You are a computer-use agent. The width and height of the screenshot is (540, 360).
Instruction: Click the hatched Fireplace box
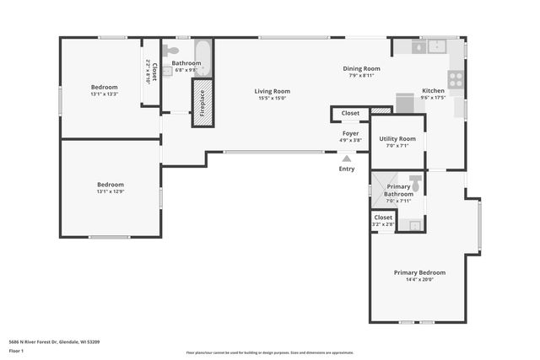click(202, 104)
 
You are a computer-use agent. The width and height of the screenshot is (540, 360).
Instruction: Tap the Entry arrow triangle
click(347, 158)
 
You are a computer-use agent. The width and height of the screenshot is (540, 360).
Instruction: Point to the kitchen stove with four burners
click(456, 79)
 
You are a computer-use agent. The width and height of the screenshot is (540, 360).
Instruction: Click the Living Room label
click(273, 91)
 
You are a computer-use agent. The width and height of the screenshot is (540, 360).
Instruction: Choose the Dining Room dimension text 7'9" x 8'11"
click(361, 76)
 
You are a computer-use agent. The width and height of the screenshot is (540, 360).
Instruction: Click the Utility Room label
click(397, 138)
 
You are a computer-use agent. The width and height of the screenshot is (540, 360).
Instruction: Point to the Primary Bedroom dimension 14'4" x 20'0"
click(419, 280)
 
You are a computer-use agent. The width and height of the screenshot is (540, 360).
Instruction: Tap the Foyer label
click(351, 133)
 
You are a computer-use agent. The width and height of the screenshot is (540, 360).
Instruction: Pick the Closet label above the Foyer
click(350, 112)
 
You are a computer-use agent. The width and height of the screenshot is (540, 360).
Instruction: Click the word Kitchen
click(433, 90)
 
